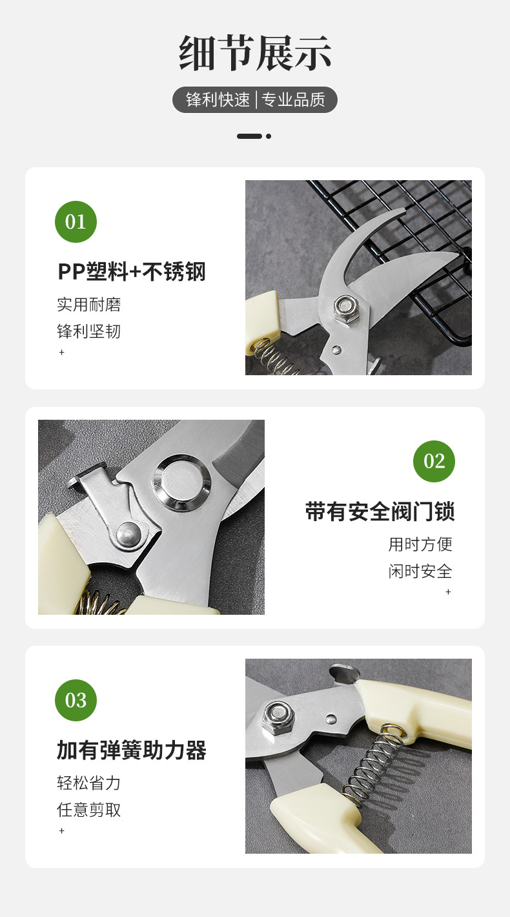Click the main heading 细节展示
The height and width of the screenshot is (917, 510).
coord(255,53)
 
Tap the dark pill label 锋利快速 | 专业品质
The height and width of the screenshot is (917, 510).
coord(255,100)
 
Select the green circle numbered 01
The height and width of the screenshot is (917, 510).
coord(76,222)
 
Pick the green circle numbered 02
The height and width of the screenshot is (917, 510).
coord(434,461)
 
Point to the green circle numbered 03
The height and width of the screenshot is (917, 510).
coord(76,700)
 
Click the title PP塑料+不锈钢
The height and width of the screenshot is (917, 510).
coord(132,272)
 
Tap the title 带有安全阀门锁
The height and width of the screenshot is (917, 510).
coord(380,511)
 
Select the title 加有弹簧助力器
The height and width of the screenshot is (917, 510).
coord(132,750)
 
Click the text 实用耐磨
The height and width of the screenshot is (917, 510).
coord(89,305)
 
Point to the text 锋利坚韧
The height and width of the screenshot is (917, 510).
coord(89,332)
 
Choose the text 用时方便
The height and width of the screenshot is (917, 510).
coord(420,544)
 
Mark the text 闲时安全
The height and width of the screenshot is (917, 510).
coord(420,572)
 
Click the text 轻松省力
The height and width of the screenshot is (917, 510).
coord(89,783)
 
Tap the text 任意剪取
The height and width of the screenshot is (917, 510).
coord(89,810)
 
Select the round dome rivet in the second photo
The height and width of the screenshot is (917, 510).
coord(128,533)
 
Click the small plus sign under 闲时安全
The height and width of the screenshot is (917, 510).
coord(448,592)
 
